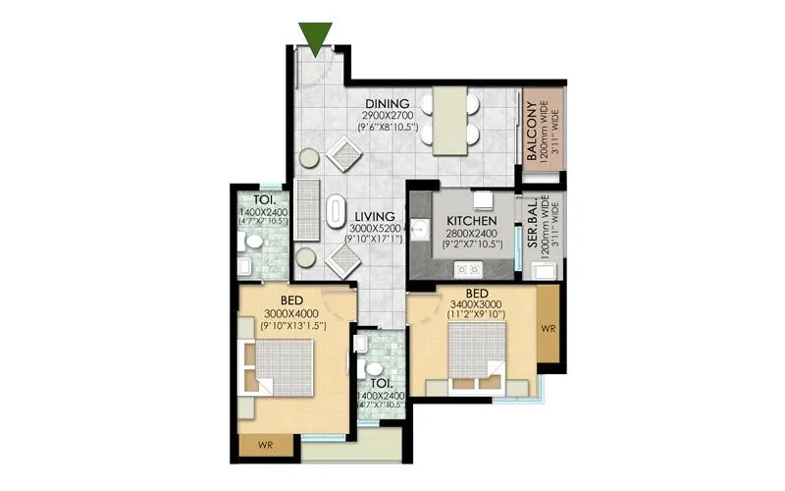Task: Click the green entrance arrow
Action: pyautogui.click(x=315, y=36)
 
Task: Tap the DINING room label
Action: pyautogui.click(x=388, y=104)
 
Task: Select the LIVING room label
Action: pyautogui.click(x=375, y=216)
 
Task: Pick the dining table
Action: pyautogui.click(x=450, y=120)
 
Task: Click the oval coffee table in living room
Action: pyautogui.click(x=336, y=211)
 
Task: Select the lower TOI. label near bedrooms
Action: pyautogui.click(x=382, y=383)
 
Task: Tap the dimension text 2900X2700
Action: pyautogui.click(x=388, y=116)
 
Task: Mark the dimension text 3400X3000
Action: pyautogui.click(x=476, y=305)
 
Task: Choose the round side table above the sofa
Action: pyautogui.click(x=308, y=158)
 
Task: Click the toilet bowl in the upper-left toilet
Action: pyautogui.click(x=253, y=242)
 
